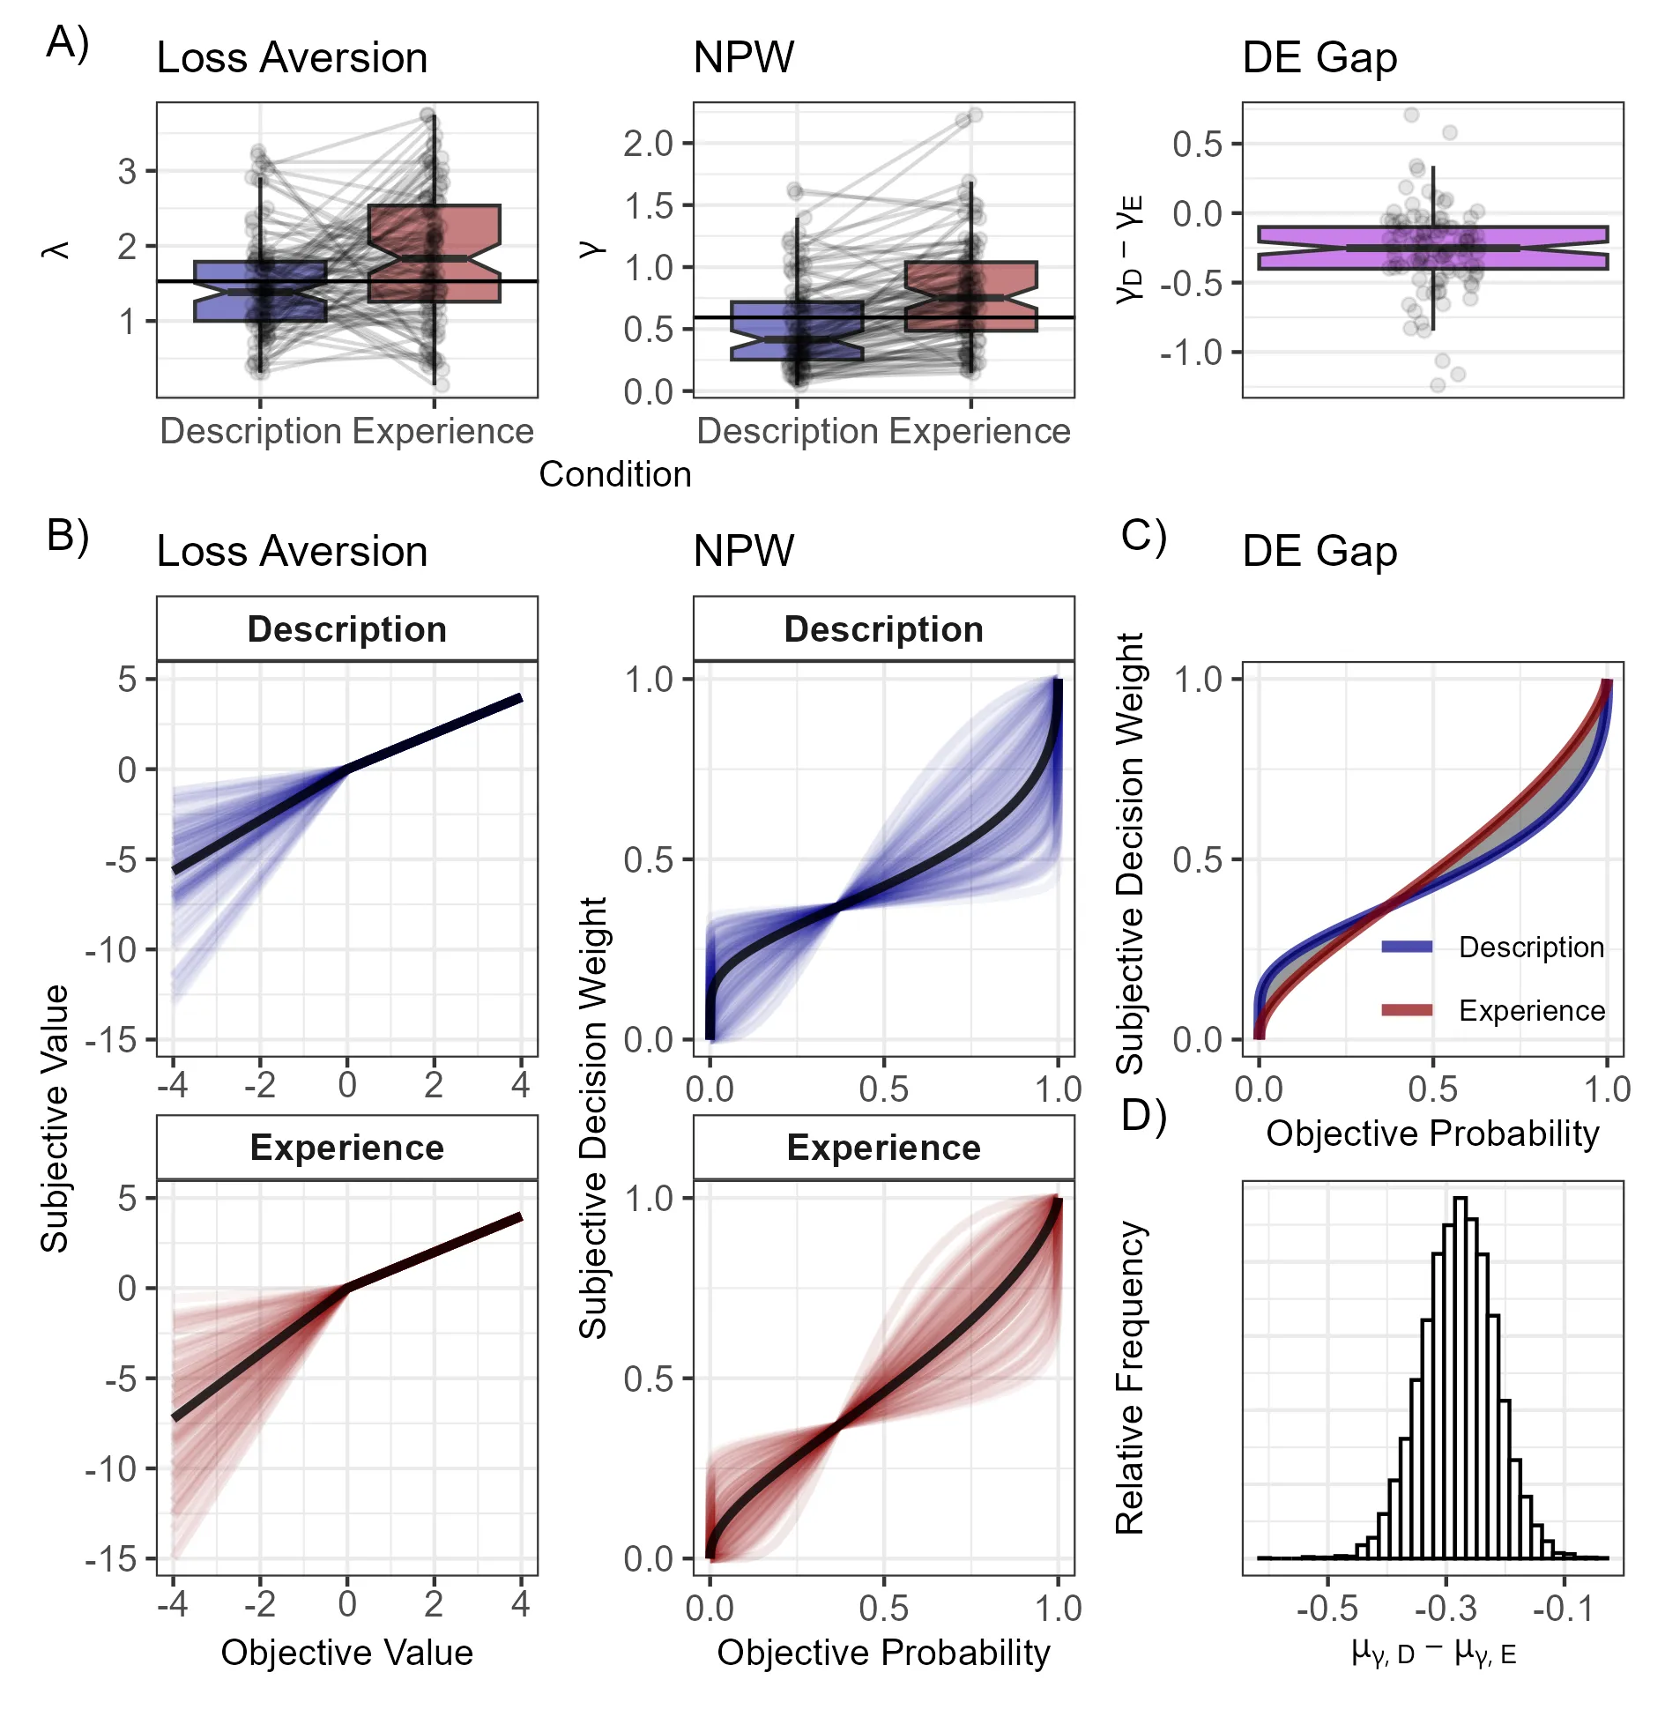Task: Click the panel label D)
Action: click(1143, 1116)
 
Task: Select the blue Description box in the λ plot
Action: click(220, 291)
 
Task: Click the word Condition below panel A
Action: click(614, 474)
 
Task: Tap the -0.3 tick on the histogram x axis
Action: click(1445, 1608)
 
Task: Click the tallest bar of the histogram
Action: click(1460, 1375)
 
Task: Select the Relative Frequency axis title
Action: click(1130, 1379)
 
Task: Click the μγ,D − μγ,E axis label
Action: click(1433, 1652)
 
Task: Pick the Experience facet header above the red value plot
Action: click(346, 1148)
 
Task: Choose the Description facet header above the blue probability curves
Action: click(883, 629)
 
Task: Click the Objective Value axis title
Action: click(346, 1652)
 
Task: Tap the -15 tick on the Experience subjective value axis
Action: click(111, 1559)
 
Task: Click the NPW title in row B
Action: click(743, 551)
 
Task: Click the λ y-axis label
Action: click(56, 250)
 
